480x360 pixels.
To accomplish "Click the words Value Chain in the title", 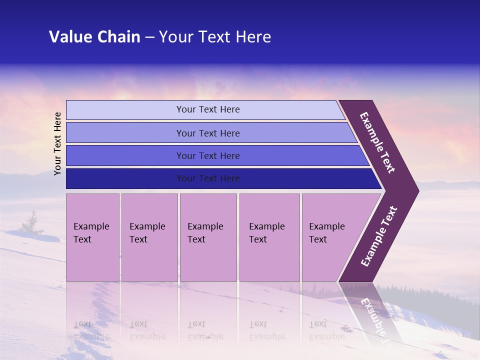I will (94, 37).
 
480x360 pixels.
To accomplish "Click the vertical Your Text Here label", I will (58, 143).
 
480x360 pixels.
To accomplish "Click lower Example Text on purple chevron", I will (378, 236).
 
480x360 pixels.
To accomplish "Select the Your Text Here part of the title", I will (215, 37).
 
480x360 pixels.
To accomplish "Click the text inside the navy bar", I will (208, 178).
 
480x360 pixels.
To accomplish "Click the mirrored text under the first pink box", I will (91, 330).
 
